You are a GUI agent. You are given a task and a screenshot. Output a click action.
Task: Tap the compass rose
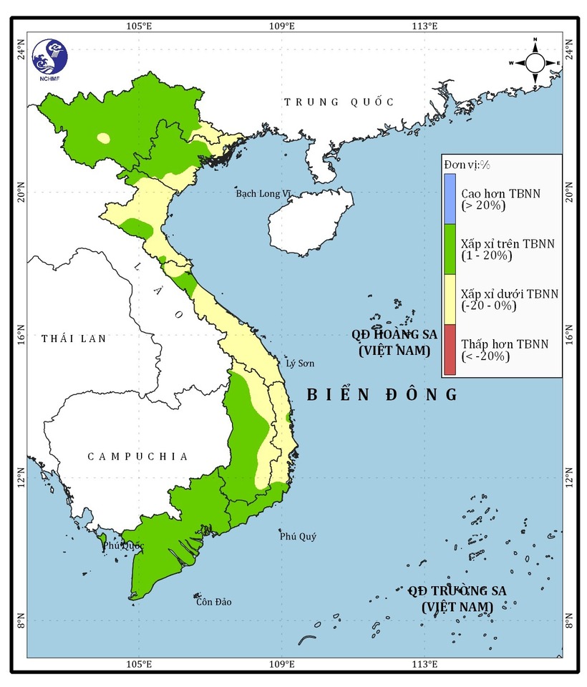(535, 63)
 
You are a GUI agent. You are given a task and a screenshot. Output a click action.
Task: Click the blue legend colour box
(449, 198)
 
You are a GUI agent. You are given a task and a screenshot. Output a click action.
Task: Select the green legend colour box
(449, 249)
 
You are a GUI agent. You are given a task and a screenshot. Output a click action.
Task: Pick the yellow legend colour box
(449, 299)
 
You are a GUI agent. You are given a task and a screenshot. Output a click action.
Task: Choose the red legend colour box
(449, 350)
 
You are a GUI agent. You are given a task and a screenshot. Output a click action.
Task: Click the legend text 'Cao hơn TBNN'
(500, 193)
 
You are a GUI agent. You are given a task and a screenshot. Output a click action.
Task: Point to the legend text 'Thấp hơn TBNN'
(505, 344)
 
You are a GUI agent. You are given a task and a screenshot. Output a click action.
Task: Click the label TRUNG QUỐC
(339, 102)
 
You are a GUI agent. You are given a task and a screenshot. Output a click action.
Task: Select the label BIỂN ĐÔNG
(382, 394)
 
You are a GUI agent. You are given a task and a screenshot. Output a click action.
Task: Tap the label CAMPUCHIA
(138, 457)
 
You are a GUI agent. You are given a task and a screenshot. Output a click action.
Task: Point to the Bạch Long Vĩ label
(264, 194)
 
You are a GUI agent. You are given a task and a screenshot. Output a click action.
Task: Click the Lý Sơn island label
(300, 364)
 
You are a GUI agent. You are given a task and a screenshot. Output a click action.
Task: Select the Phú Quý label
(298, 537)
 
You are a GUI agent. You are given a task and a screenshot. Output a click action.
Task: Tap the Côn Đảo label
(213, 602)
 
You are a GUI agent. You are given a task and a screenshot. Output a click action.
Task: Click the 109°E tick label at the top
(281, 26)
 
